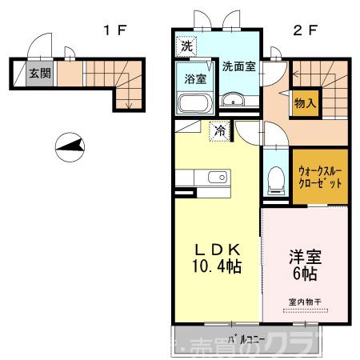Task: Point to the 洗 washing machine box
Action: [x=186, y=46]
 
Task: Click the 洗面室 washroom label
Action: [x=238, y=66]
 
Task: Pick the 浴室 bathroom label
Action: [x=195, y=80]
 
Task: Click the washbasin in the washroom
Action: [x=234, y=100]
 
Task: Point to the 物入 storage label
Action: [x=305, y=102]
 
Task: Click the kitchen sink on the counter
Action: [x=213, y=178]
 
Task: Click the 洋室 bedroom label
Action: [x=304, y=258]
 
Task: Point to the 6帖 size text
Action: [x=304, y=274]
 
